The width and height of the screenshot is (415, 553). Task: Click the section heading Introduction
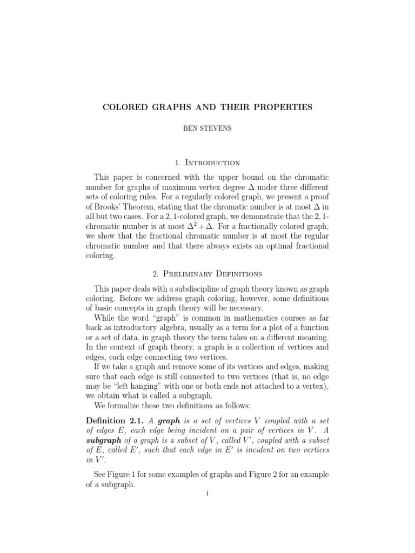(x=212, y=162)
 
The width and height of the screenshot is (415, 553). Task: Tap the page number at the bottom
(x=207, y=494)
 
